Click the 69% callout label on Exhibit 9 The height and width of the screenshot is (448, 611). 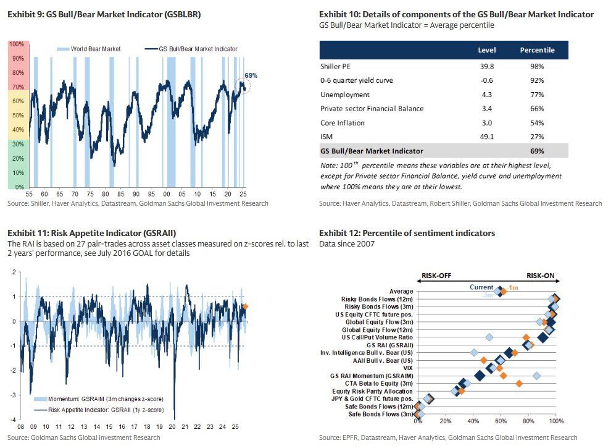click(251, 75)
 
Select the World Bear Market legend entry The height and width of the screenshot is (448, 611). click(90, 49)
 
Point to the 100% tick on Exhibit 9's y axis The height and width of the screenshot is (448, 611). click(17, 44)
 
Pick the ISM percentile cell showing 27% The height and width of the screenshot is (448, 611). click(537, 137)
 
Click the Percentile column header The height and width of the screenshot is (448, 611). click(537, 50)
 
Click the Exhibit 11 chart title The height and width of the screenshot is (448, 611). click(92, 233)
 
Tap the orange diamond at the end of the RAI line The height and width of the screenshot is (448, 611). click(245, 306)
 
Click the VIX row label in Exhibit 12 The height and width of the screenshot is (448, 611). click(407, 368)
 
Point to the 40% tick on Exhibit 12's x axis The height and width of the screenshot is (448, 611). click(473, 421)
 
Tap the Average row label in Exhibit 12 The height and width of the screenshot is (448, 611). click(401, 291)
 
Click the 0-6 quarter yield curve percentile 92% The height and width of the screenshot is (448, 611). click(537, 80)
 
